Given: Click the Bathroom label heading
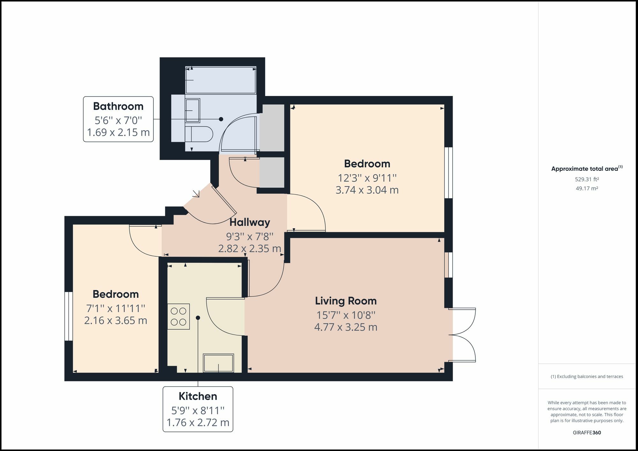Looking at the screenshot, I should (118, 106).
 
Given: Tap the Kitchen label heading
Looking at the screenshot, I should (198, 396).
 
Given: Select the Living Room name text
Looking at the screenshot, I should (346, 301).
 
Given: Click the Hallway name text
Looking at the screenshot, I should (250, 222).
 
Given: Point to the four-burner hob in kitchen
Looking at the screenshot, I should (179, 316).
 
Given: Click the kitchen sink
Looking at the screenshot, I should (219, 363).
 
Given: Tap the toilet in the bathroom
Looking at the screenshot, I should (199, 134).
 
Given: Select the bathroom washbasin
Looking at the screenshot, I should (193, 111).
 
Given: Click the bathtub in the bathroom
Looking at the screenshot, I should (221, 80).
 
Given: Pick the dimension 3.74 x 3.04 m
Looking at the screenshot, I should (367, 190).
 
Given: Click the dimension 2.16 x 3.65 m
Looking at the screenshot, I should (115, 320).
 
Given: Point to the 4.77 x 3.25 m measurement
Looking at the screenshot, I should (346, 327).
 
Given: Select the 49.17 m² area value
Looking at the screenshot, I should (587, 188).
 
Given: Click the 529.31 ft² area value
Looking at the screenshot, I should (587, 179).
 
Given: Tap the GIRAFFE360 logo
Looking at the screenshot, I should (587, 433).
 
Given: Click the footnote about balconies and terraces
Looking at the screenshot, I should (587, 376).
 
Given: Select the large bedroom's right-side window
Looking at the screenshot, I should (449, 172).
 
